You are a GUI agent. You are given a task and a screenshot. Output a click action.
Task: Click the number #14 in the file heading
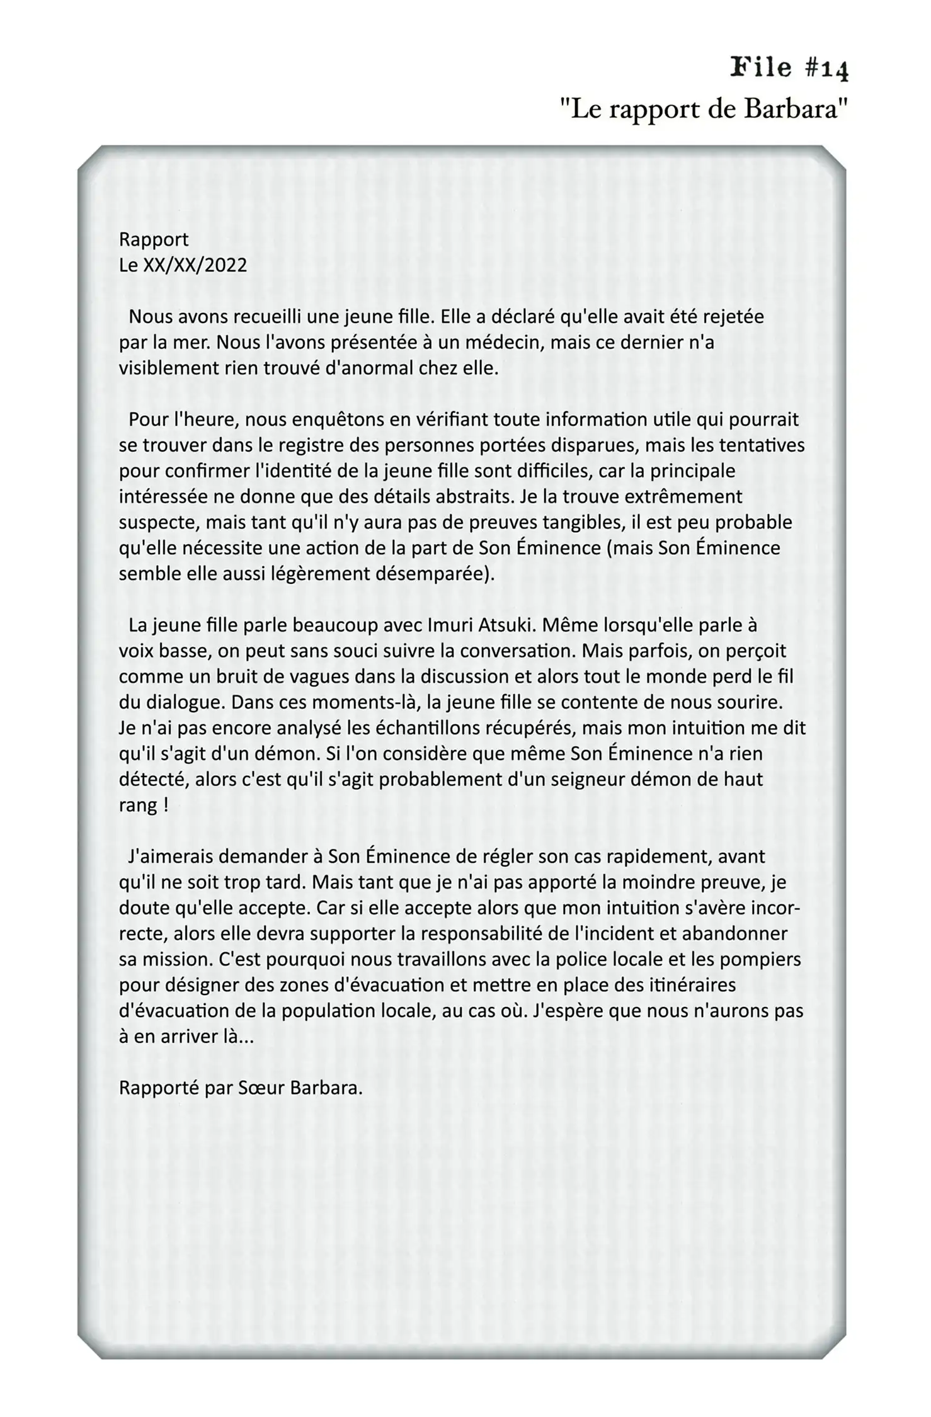pos(826,68)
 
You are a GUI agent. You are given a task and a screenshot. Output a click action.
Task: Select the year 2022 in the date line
pos(226,265)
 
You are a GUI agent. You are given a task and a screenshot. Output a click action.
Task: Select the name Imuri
pos(450,625)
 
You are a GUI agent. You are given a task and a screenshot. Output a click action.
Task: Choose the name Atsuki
pos(506,625)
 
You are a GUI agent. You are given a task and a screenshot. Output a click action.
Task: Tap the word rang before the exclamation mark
pos(138,805)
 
